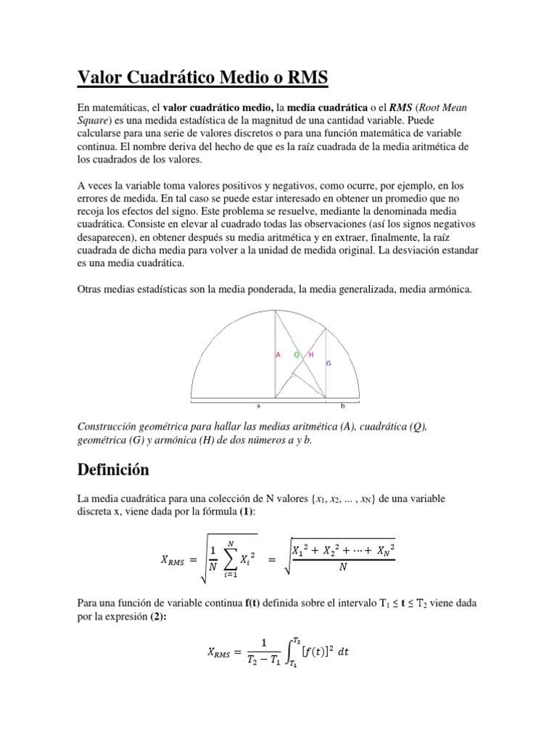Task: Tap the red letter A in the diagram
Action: (x=277, y=355)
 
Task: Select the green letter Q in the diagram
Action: (x=296, y=355)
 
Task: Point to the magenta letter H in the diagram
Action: (x=311, y=355)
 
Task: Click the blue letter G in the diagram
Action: (x=329, y=363)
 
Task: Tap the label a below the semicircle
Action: (x=259, y=406)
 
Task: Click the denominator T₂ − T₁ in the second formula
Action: (x=244, y=661)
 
